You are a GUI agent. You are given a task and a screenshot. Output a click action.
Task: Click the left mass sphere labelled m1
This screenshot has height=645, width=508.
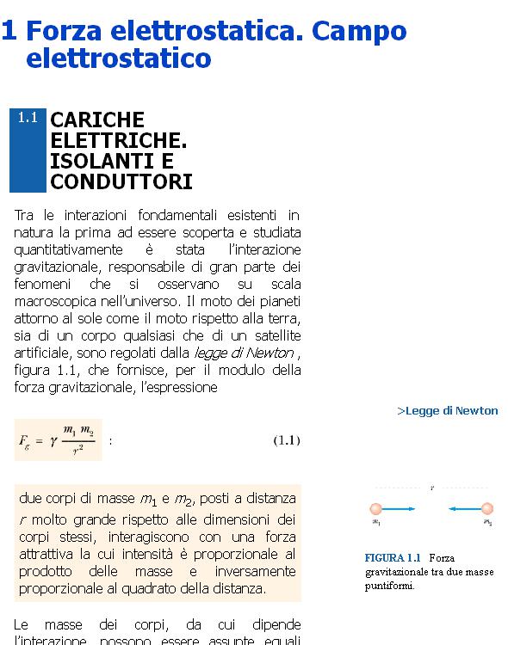coord(376,509)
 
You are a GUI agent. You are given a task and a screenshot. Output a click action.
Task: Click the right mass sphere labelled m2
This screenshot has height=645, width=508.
coord(487,509)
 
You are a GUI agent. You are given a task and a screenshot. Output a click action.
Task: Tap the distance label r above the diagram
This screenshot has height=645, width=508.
coord(431,488)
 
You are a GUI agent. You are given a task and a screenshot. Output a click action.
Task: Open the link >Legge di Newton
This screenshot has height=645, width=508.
coord(448,410)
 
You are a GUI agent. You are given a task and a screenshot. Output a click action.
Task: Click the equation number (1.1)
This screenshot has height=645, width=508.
coord(286,440)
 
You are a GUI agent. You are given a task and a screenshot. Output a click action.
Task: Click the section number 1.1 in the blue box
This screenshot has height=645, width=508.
coord(28,118)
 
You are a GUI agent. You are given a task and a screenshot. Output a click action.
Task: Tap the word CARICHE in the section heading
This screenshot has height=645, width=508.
coord(97,120)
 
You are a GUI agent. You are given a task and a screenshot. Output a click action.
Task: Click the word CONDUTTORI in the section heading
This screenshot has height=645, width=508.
coord(121,182)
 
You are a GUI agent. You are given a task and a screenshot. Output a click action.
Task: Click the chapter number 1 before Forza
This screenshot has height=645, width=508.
coord(9,31)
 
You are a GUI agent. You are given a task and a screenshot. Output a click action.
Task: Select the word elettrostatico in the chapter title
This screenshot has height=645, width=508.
coord(119,58)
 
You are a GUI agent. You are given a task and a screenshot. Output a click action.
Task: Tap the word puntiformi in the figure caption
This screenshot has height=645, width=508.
coord(388,587)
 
